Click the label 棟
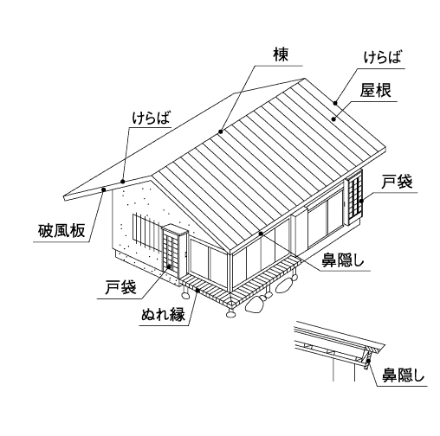(281, 54)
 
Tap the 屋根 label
(375, 90)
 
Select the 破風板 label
(61, 231)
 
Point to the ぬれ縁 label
(164, 314)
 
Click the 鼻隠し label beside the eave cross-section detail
(404, 375)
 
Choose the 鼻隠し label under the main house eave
(343, 260)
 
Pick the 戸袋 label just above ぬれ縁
(120, 287)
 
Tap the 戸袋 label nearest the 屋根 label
(397, 182)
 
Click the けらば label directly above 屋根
(382, 57)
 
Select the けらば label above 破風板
(152, 118)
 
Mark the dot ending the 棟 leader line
(221, 131)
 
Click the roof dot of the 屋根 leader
(333, 119)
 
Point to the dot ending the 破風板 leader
(104, 189)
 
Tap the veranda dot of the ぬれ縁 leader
(197, 290)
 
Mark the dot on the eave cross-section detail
(368, 361)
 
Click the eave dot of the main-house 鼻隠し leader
(261, 234)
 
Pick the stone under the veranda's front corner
(230, 313)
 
